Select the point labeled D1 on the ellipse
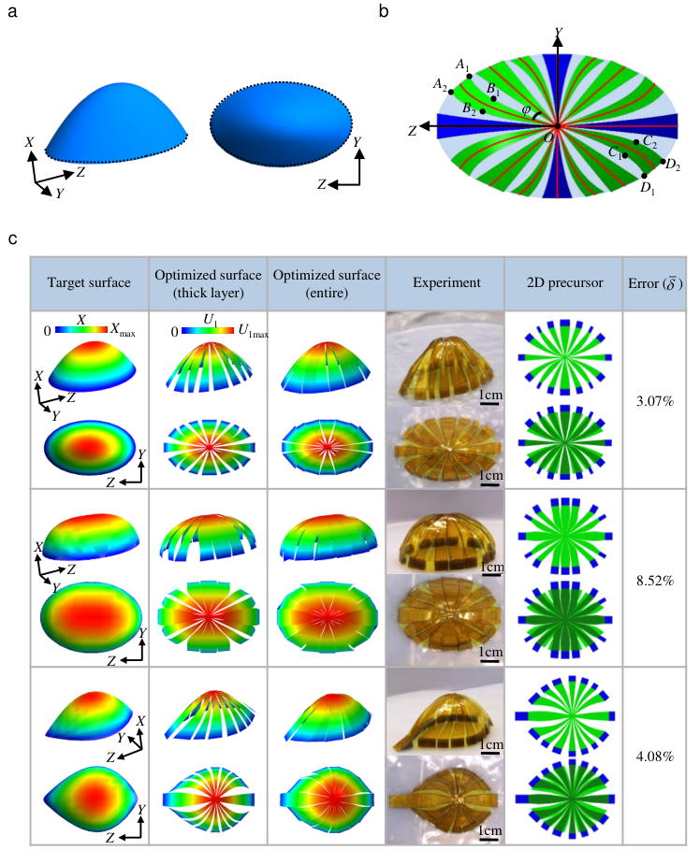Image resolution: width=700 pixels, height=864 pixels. pos(644,175)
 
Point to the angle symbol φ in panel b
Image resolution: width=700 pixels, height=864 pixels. pos(526,110)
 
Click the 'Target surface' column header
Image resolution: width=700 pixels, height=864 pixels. pos(87,280)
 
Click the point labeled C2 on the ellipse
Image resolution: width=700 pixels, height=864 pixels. pos(636,142)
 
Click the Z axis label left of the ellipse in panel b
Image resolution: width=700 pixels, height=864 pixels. pos(412,131)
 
